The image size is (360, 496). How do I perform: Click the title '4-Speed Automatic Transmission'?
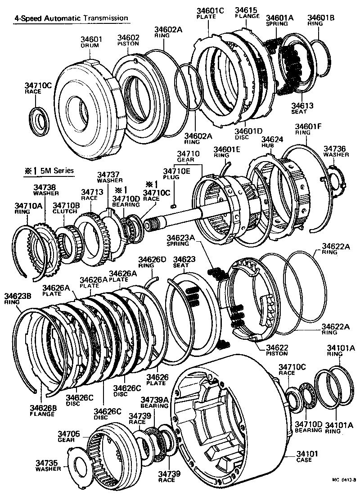(x=71, y=18)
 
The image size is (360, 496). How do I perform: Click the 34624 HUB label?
(x=272, y=143)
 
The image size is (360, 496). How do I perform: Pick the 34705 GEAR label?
(x=69, y=437)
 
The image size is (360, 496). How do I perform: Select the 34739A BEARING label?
(x=154, y=402)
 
